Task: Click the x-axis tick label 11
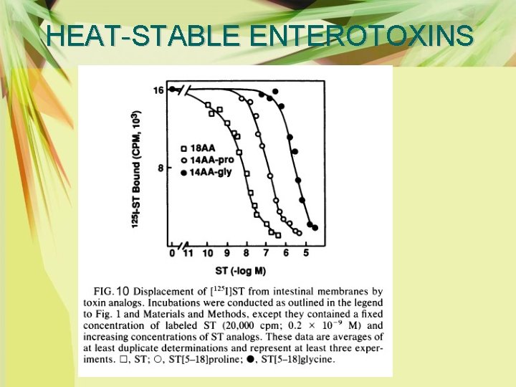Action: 188,253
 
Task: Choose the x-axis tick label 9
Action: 226,253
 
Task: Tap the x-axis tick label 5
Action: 305,253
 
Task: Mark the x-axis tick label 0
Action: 172,253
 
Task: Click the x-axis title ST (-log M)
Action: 241,270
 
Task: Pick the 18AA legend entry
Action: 201,149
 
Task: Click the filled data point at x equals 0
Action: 172,90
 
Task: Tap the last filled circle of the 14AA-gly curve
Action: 315,228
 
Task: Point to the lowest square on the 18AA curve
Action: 277,235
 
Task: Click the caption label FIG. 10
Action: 112,291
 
